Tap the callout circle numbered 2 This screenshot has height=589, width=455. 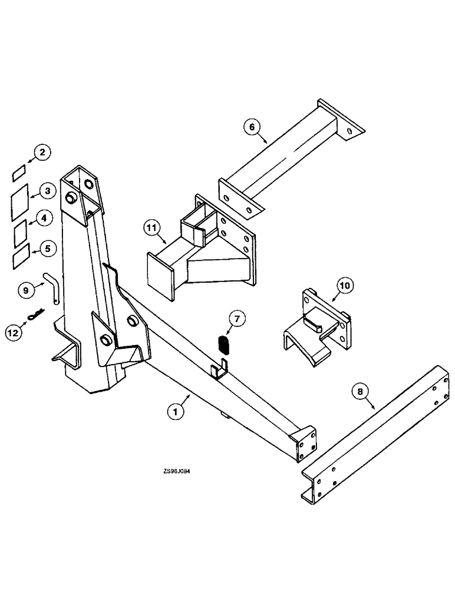point(41,153)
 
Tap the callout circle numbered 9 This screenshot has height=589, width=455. point(25,289)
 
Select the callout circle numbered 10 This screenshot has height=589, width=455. point(345,287)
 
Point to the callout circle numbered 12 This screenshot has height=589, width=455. point(14,333)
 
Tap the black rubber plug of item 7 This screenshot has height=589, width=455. point(223,343)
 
